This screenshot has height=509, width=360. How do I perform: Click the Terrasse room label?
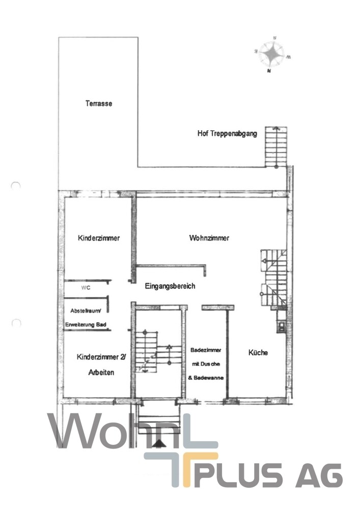tap(99, 103)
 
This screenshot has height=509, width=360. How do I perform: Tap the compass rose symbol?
tap(270, 54)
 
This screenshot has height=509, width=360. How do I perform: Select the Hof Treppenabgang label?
tap(227, 134)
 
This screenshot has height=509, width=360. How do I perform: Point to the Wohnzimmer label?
tap(209, 238)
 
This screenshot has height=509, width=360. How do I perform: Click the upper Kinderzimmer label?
tap(99, 238)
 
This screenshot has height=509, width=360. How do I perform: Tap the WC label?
tap(85, 287)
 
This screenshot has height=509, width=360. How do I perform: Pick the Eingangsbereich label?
tap(170, 286)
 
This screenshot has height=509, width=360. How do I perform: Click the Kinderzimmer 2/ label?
tap(101, 357)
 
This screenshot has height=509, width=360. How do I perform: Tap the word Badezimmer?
tap(205, 350)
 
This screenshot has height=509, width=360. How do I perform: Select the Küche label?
tap(258, 352)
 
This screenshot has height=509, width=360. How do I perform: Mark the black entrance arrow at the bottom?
tap(160, 443)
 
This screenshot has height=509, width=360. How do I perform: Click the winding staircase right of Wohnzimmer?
tap(273, 279)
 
